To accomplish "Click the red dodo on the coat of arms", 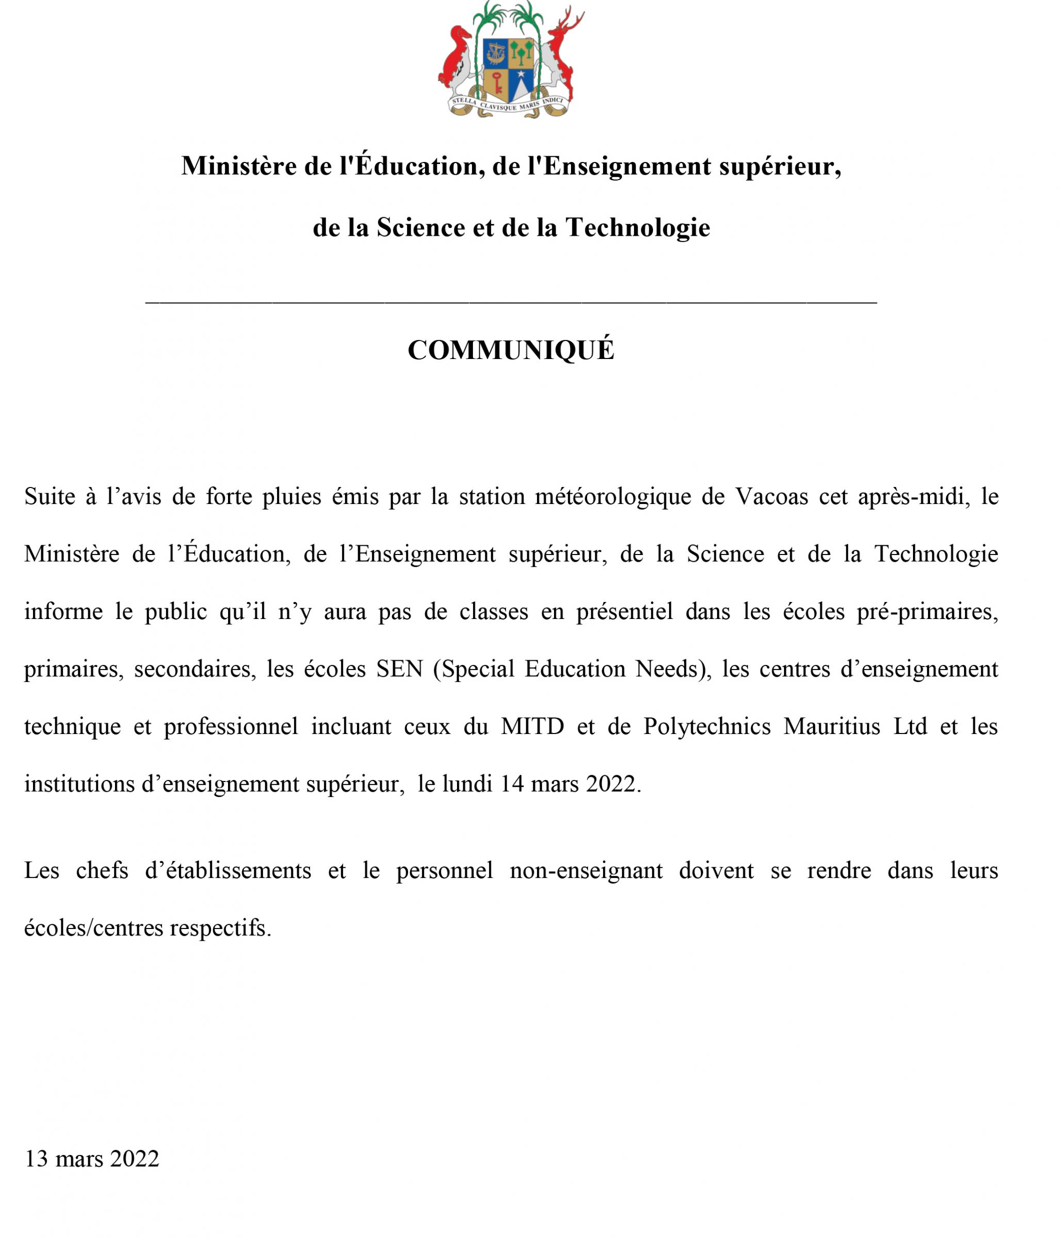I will (456, 57).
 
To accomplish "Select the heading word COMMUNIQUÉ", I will (511, 350).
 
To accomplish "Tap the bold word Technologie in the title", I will (638, 227).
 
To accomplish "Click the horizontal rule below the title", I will (511, 303).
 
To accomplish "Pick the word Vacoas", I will (771, 497).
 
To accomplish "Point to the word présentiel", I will (625, 612).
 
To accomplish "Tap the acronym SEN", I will (399, 669).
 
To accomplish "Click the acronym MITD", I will (532, 726).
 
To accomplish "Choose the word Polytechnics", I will (707, 726).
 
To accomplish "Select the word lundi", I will (467, 784).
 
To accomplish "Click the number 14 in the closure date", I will (512, 784).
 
